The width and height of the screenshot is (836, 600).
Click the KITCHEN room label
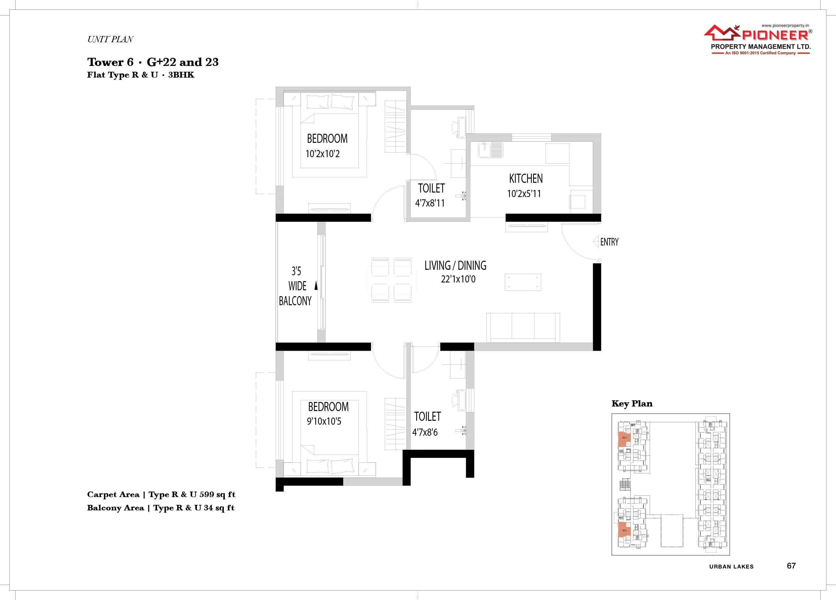(x=526, y=179)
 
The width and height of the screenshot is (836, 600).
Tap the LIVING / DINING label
(x=455, y=265)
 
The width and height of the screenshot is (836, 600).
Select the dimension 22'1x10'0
(x=458, y=279)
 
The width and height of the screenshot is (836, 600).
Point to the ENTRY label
(x=609, y=242)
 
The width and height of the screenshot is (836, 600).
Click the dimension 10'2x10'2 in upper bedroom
(x=322, y=154)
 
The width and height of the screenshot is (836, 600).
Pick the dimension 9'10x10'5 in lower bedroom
(x=324, y=421)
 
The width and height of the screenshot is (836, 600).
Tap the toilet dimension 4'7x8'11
(x=430, y=203)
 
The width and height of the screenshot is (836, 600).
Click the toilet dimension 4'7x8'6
(x=425, y=432)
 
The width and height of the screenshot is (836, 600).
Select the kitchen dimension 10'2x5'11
(x=524, y=194)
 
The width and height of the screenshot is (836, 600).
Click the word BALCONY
(x=295, y=301)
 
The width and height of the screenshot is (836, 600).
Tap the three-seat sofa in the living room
(x=523, y=328)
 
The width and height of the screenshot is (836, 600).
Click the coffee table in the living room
(x=523, y=282)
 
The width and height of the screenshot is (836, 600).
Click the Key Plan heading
(x=632, y=404)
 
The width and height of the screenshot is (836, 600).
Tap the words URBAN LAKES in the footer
(x=731, y=567)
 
